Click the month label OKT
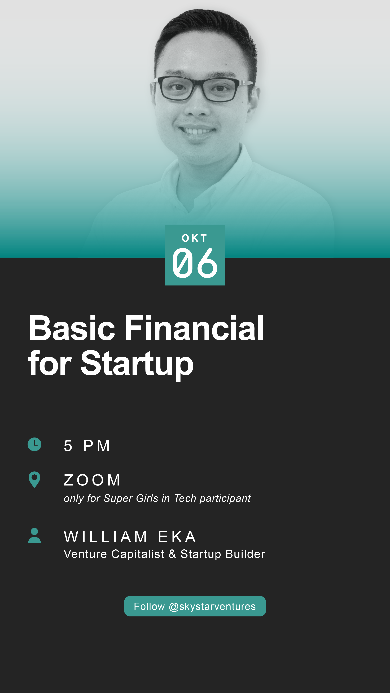(194, 238)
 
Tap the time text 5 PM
(87, 446)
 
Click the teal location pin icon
(34, 479)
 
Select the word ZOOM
(92, 480)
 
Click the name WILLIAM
(106, 537)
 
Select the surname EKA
(177, 537)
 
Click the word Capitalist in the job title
(138, 554)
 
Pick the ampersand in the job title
(172, 554)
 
